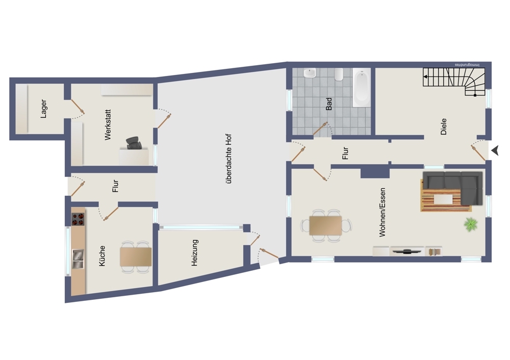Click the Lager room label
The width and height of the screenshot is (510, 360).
(x=43, y=109)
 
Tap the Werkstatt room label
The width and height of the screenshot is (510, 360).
(x=108, y=125)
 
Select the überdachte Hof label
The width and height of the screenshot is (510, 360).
(x=228, y=159)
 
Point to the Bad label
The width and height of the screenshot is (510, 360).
(x=329, y=104)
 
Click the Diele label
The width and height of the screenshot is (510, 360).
(x=443, y=126)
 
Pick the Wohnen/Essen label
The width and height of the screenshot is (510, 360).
(x=382, y=212)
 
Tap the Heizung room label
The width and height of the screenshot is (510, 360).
(x=194, y=253)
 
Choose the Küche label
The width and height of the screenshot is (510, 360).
(x=102, y=256)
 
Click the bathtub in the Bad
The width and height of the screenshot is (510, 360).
(x=362, y=88)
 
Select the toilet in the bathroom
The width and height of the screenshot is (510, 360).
(x=339, y=74)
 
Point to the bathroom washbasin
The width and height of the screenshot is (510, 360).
(x=310, y=73)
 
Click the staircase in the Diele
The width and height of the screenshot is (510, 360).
(x=454, y=82)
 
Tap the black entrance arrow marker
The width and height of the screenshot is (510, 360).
(x=495, y=150)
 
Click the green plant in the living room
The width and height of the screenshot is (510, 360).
(x=471, y=224)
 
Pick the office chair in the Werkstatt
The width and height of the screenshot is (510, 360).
(x=134, y=143)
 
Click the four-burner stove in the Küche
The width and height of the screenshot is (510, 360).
(x=78, y=219)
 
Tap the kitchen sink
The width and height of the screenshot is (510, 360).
(x=78, y=259)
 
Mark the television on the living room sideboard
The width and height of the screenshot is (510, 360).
(x=407, y=251)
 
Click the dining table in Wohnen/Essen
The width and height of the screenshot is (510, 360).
(x=325, y=225)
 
